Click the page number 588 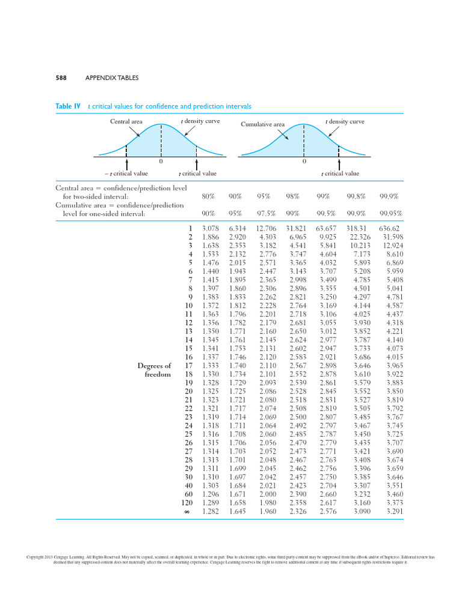[x=61, y=77]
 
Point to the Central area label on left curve [x=126, y=122]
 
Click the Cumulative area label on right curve [x=263, y=124]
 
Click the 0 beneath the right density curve [x=304, y=162]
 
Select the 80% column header [x=210, y=196]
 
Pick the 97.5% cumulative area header [x=266, y=213]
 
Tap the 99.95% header [x=391, y=213]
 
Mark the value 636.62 [x=389, y=228]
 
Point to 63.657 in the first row [x=327, y=228]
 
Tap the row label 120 [x=186, y=503]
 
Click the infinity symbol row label [x=187, y=512]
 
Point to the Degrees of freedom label [x=154, y=369]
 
